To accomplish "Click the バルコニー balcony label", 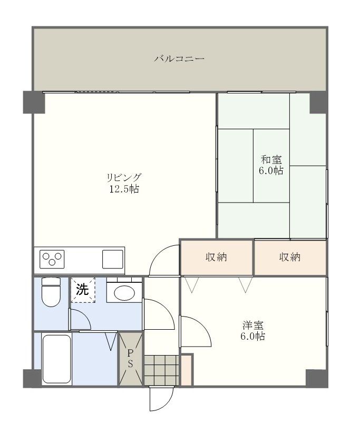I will [179, 59].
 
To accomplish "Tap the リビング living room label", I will [124, 177].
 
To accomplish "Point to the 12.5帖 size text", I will [124, 189].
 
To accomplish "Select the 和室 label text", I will [271, 159].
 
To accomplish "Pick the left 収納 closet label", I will [216, 257].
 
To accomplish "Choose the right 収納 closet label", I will [290, 257].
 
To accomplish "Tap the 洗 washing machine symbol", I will [82, 290].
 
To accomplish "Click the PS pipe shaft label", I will [131, 358].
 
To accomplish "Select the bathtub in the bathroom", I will [56, 358].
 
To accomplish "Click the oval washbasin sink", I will [124, 293].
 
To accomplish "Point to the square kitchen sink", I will [112, 259].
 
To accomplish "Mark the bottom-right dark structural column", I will [317, 378].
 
